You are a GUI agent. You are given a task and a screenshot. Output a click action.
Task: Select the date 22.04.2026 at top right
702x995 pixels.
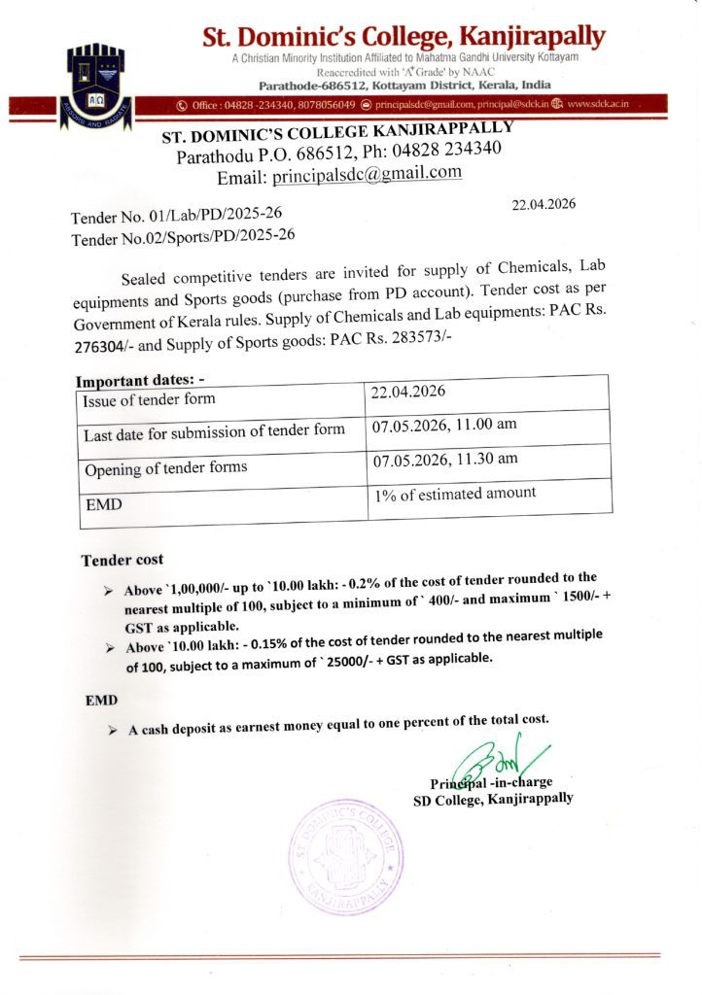coord(544,204)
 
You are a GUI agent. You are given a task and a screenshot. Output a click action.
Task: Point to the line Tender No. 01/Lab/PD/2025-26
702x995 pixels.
coord(182,214)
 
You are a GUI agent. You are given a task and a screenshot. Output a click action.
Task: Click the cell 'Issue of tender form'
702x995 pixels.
coord(150,398)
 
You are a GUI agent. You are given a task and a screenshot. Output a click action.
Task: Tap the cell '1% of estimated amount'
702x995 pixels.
coord(455,494)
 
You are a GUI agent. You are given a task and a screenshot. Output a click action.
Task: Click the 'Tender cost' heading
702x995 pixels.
coord(123,560)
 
